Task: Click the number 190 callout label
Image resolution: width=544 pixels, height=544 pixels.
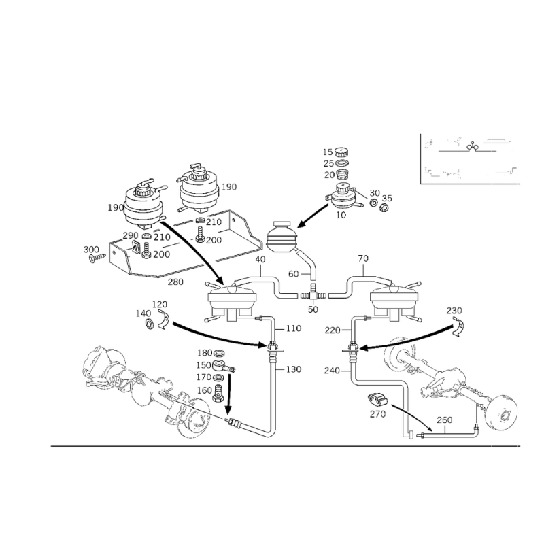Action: pos(115,207)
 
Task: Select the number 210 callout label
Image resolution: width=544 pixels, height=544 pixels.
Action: pos(161,237)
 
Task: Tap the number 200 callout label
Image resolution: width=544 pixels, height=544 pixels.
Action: pos(161,254)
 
